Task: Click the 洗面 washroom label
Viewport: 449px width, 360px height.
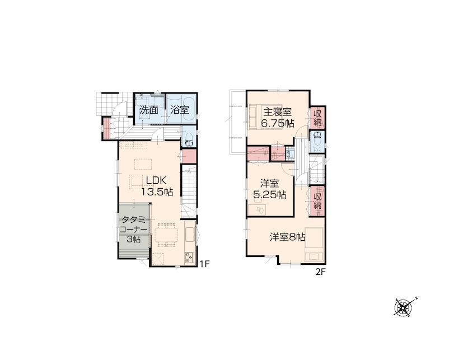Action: click(149, 110)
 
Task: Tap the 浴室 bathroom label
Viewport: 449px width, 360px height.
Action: click(180, 110)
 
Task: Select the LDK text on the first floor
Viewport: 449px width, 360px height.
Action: click(156, 180)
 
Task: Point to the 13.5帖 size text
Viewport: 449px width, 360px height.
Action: click(157, 192)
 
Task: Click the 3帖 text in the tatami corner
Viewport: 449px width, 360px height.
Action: click(134, 239)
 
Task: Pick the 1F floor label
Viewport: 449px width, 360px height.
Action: click(205, 264)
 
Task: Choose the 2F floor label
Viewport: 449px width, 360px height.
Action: click(321, 272)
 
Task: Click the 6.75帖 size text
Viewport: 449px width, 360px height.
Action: click(277, 123)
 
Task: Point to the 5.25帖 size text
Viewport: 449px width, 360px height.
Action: click(269, 195)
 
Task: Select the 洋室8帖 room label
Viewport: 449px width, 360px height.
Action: click(287, 237)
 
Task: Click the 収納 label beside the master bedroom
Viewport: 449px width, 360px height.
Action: click(317, 118)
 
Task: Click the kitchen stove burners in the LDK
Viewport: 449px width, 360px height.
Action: click(189, 256)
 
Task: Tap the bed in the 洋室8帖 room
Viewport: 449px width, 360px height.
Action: click(315, 244)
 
